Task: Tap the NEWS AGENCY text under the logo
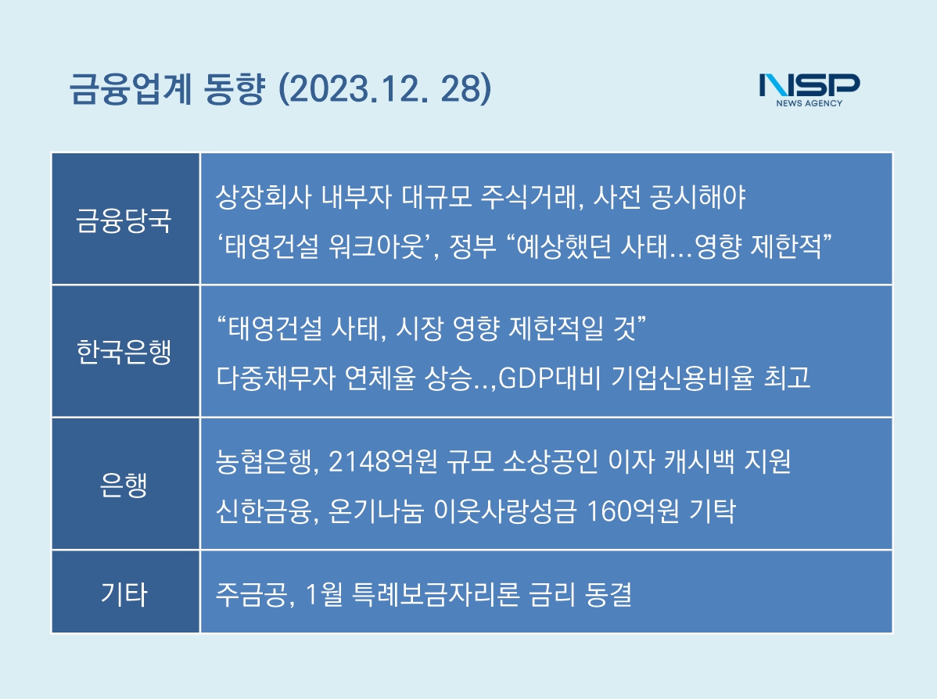(809, 103)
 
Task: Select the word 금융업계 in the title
(131, 90)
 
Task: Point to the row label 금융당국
(124, 220)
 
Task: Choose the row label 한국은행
(124, 351)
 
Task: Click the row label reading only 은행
(124, 484)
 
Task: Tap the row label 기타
(124, 593)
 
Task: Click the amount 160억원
(633, 511)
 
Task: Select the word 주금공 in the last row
(251, 594)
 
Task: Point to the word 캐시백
(699, 461)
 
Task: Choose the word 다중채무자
(275, 378)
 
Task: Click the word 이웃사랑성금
(505, 511)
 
